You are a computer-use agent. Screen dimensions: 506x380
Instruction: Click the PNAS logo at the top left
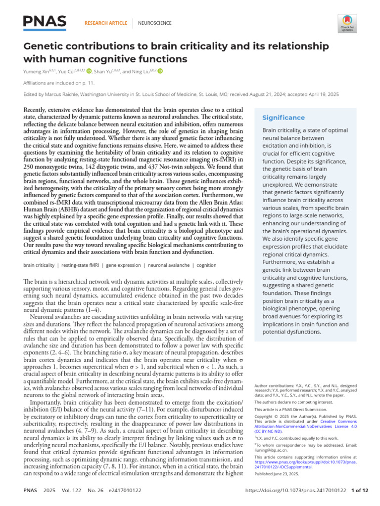[x=45, y=21]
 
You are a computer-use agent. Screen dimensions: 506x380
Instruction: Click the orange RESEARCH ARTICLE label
[x=106, y=23]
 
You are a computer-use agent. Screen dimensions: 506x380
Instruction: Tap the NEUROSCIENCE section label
[x=154, y=23]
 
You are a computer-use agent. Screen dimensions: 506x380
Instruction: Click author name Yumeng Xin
[x=40, y=71]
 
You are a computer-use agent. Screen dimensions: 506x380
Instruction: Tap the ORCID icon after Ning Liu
[x=160, y=71]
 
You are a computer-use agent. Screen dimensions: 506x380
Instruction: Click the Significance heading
[x=284, y=118]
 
